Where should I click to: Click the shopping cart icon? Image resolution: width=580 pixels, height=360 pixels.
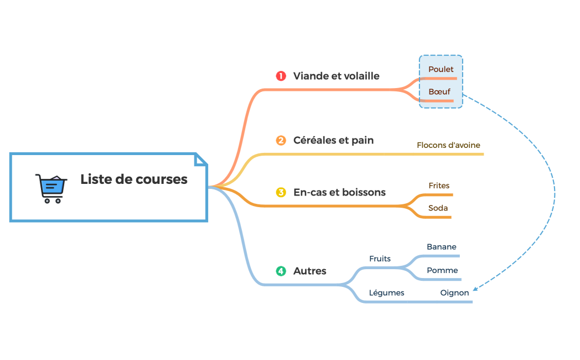(51, 188)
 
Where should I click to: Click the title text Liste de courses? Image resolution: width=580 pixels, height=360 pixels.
(134, 179)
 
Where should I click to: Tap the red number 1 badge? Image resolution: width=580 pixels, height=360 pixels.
(281, 76)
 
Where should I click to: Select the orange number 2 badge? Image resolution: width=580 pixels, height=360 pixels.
(281, 141)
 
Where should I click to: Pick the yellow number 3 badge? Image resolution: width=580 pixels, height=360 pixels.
(281, 193)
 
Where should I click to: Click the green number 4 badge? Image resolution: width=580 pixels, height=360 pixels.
(281, 271)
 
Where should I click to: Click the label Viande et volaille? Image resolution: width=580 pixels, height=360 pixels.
(336, 76)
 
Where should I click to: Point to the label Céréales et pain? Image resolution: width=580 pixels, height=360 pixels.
(333, 141)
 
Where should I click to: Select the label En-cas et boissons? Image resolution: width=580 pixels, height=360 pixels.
(339, 193)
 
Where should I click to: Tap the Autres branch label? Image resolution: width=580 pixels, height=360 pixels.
(309, 271)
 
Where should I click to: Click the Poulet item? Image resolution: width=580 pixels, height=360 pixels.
(441, 70)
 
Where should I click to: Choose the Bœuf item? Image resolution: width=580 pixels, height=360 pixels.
(439, 92)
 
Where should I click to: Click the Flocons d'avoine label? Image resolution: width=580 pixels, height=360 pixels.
(448, 146)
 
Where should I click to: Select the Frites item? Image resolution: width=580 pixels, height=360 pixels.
(439, 186)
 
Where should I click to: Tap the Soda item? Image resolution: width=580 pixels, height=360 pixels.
(438, 209)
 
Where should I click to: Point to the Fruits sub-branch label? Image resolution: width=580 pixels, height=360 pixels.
(380, 259)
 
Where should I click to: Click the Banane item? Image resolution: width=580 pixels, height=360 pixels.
(441, 247)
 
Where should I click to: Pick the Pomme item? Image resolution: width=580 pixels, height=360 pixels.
(442, 271)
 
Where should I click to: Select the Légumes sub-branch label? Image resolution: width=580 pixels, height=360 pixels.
(386, 293)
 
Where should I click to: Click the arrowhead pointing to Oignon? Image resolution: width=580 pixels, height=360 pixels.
(475, 288)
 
